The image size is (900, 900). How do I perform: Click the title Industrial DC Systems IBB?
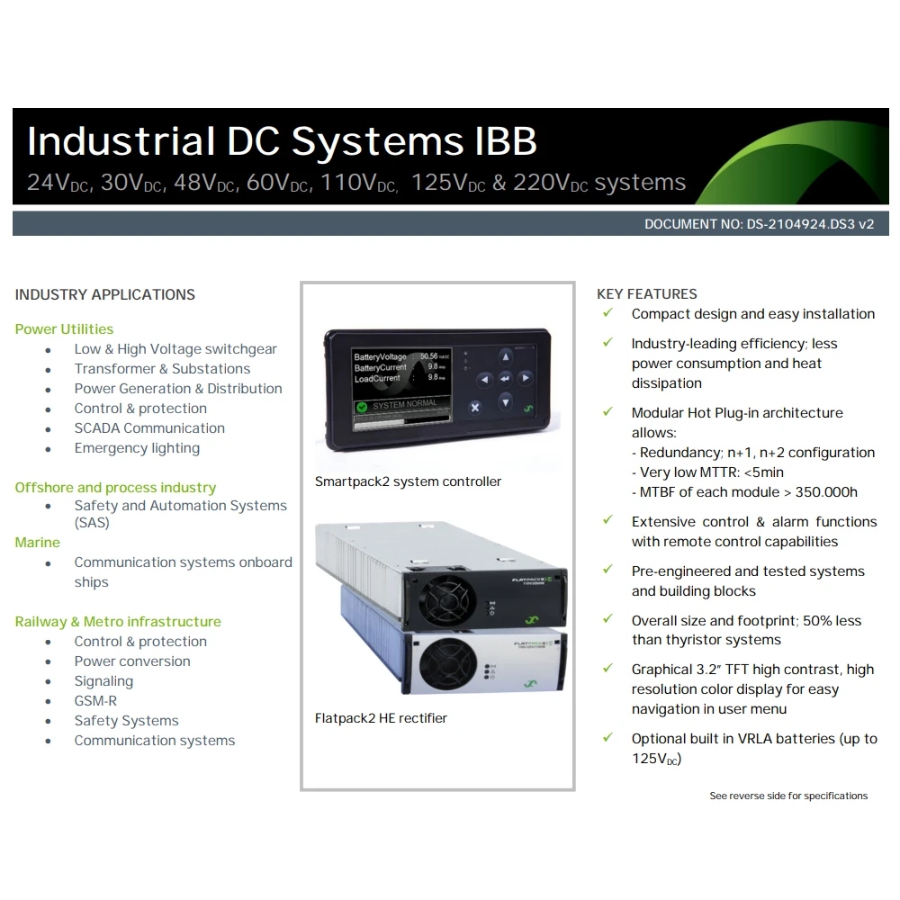(282, 141)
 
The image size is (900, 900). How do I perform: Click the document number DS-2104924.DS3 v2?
(759, 224)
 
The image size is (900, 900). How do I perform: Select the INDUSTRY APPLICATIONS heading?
(105, 294)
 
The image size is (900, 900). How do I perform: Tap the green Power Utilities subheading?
(64, 329)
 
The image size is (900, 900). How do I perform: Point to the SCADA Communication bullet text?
(149, 428)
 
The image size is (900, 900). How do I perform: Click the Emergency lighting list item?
(137, 448)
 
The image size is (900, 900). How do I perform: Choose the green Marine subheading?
(38, 543)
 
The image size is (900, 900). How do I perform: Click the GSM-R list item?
(95, 701)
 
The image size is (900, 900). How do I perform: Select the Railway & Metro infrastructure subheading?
(118, 622)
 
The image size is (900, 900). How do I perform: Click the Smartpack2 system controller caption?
(408, 481)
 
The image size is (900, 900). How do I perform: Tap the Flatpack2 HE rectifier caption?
(381, 718)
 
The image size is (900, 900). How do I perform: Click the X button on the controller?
(475, 407)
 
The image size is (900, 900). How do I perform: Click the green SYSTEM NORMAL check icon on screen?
(362, 407)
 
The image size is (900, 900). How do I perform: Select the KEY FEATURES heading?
(646, 294)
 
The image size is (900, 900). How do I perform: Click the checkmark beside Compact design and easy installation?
(608, 313)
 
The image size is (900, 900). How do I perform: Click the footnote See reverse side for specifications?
(788, 796)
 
